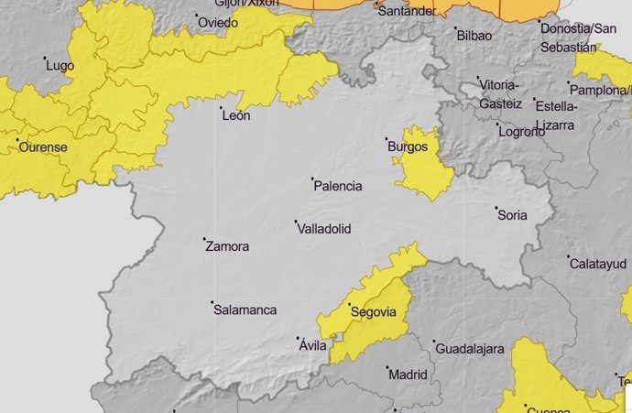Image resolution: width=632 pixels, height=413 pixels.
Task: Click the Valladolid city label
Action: pos(325,229)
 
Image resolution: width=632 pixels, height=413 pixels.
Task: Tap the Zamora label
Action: pos(227,246)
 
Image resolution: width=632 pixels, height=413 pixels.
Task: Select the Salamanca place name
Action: pos(245,310)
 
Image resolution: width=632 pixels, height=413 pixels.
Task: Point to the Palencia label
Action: pos(338,186)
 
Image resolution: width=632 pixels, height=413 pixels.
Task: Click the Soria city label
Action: pos(512,215)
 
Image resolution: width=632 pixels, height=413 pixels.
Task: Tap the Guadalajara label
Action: pos(470,350)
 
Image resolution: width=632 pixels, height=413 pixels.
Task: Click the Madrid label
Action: pos(408,375)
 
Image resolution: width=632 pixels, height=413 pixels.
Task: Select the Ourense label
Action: pos(42,147)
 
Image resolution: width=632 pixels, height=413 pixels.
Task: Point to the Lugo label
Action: pos(60,66)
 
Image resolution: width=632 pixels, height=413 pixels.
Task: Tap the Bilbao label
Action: pos(474,36)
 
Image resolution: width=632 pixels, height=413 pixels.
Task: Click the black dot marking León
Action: pos(223,108)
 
